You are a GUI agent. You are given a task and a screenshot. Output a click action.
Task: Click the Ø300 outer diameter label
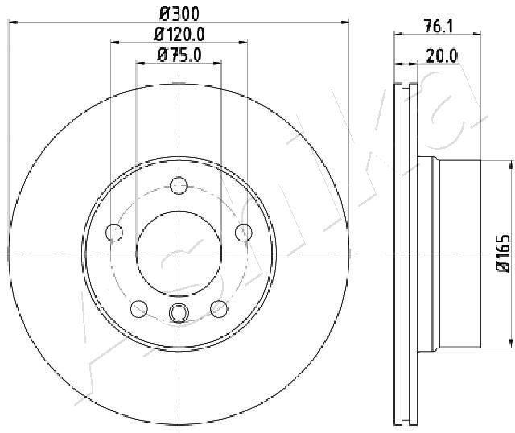[179, 14]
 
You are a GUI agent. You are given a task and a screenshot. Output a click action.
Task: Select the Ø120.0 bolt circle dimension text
[179, 34]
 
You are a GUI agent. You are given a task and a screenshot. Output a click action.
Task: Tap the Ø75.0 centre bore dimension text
[179, 55]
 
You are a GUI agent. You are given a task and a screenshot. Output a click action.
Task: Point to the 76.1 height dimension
[439, 27]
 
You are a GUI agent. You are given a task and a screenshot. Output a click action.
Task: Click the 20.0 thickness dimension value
[442, 56]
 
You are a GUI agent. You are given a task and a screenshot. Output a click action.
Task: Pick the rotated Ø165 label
[503, 254]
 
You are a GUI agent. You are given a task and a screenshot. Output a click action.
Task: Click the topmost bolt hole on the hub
[179, 186]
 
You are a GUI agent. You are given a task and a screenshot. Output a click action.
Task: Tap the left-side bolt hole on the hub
[114, 233]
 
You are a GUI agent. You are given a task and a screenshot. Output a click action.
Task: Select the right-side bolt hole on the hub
[244, 233]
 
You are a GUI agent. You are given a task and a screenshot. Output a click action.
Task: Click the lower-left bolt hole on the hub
[139, 309]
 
